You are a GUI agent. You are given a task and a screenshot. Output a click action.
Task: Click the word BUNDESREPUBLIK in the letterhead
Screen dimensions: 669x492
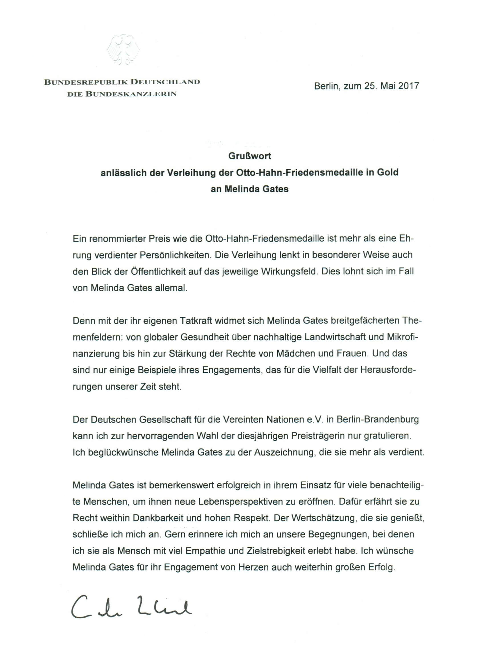click(86, 82)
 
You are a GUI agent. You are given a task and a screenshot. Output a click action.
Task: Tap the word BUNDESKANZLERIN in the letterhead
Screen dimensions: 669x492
click(131, 94)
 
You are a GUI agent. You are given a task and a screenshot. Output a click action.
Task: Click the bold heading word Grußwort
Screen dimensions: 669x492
click(250, 156)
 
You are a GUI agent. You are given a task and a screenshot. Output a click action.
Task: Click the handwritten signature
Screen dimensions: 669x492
click(131, 607)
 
